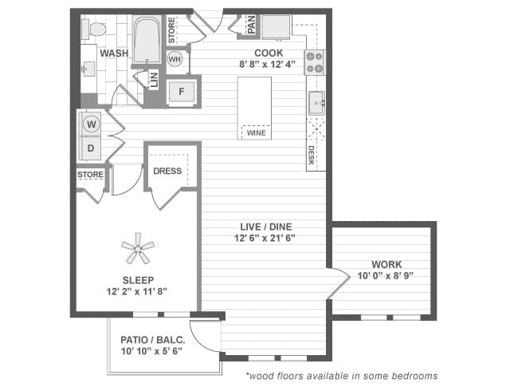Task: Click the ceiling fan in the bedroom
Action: [138, 249]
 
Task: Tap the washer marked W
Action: [92, 124]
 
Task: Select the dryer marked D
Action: [92, 148]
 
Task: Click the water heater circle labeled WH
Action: [175, 60]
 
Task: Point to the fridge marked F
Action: [182, 92]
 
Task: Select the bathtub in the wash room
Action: [147, 41]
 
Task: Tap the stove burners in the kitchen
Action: [315, 61]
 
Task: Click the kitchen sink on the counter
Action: [316, 102]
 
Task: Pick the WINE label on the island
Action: [257, 133]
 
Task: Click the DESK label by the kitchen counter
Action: [311, 156]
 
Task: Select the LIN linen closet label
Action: [154, 80]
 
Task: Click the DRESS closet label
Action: [167, 171]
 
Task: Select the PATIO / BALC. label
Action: [152, 339]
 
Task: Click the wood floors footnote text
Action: [341, 375]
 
